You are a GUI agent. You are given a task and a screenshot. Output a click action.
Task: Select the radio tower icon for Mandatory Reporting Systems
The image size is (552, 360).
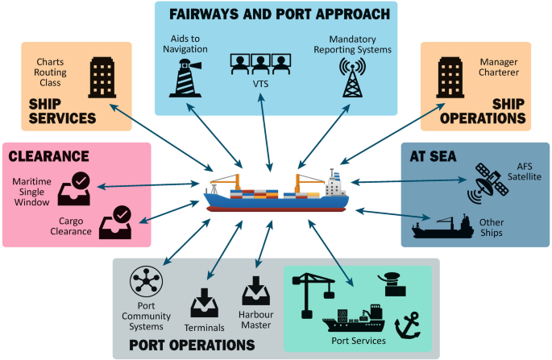point(352,77)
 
